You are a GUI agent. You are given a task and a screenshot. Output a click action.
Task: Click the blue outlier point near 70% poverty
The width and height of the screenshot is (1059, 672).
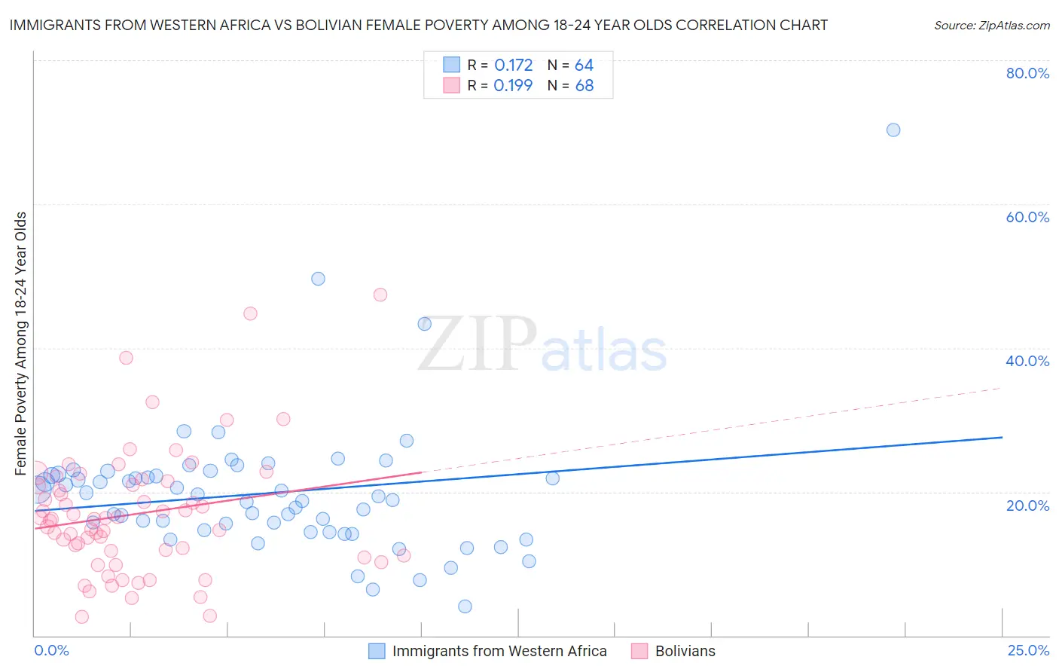pos(893,130)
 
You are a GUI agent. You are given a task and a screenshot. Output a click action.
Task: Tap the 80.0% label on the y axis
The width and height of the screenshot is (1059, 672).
pos(1027,73)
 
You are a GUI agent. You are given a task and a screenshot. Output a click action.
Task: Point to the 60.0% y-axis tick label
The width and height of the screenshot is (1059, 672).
pos(1027,217)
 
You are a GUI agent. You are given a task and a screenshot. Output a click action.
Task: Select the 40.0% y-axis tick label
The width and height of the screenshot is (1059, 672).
pos(1027,361)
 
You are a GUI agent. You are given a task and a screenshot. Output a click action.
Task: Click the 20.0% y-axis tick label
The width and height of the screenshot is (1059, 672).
pos(1027,505)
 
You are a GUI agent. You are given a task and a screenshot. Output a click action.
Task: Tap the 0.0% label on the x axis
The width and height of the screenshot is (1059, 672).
pos(51,650)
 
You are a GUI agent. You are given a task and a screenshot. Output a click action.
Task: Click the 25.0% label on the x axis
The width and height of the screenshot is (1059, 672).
pos(1028,650)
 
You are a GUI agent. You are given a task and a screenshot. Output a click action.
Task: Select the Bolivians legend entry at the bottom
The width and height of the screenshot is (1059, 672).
pos(685,651)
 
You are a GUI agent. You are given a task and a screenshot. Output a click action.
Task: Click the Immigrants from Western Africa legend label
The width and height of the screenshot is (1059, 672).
pos(499,651)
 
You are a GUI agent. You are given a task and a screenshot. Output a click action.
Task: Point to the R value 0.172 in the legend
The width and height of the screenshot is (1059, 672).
pos(514,65)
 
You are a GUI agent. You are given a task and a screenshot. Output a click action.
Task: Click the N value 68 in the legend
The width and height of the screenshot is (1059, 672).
pos(584,85)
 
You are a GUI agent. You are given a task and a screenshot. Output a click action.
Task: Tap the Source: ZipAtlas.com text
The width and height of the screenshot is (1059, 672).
pos(991,25)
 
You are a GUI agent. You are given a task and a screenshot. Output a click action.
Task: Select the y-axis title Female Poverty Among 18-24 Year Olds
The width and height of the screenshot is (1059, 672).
pos(21,344)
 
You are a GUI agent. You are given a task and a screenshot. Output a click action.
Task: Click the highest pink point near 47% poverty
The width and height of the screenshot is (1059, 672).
pos(380,295)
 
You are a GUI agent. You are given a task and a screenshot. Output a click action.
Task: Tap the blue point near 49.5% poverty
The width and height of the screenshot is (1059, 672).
pos(318,279)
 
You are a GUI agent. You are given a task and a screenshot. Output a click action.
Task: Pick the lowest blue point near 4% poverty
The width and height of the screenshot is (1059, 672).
pos(465,606)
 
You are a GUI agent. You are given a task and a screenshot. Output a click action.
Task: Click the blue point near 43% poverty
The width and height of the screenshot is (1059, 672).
pos(425,324)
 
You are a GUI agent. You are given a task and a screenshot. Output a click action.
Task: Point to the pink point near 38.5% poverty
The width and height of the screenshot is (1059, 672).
pos(126,358)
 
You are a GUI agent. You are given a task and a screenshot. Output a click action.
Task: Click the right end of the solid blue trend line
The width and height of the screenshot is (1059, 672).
pos(1002,437)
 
